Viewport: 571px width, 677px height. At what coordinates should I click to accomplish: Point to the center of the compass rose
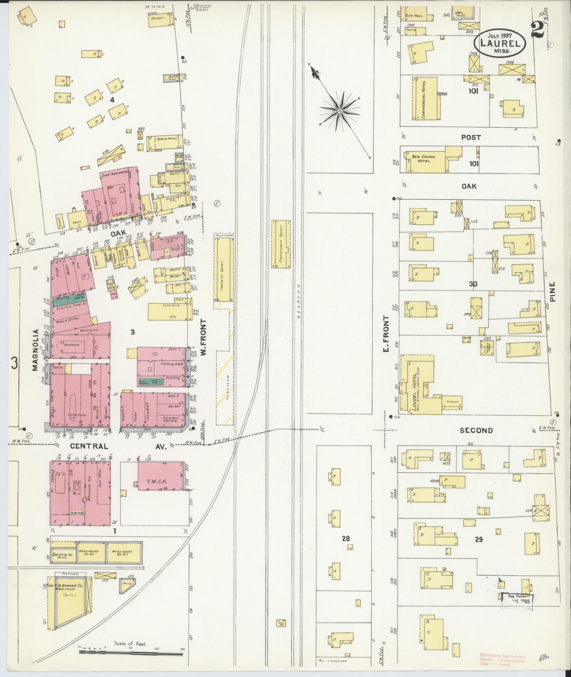(x=339, y=111)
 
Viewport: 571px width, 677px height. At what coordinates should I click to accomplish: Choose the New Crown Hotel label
(x=423, y=158)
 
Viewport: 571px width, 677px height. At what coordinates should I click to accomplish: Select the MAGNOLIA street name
(x=35, y=350)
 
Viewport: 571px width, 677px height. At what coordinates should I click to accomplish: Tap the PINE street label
(x=553, y=291)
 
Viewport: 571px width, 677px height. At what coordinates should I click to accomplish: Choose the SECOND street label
(x=476, y=430)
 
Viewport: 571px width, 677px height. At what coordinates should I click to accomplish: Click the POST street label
(x=471, y=137)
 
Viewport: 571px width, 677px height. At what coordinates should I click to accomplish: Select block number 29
(x=479, y=539)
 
